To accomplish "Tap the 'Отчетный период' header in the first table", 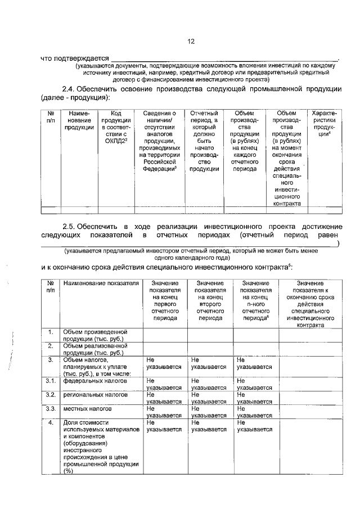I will tap(204, 141).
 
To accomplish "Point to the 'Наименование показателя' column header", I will tap(101, 283).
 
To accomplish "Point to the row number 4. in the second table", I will tap(51, 422).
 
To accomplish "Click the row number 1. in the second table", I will tap(51, 332).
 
